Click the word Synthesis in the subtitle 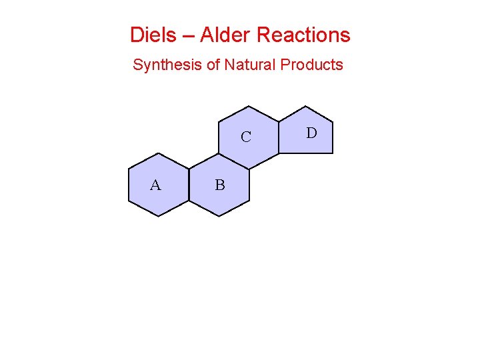coord(163,65)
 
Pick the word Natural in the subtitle coord(250,65)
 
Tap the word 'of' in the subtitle coord(212,65)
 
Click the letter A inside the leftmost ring coord(155,185)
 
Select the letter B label coord(220,185)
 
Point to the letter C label coord(246,137)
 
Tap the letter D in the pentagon coord(311,133)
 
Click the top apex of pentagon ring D coord(305,106)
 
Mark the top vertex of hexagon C coord(249,106)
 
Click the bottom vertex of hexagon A coord(159,216)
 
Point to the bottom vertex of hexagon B coord(219,216)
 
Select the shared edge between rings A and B coord(189,185)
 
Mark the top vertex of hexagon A coord(159,153)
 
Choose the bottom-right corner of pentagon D coord(332,153)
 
